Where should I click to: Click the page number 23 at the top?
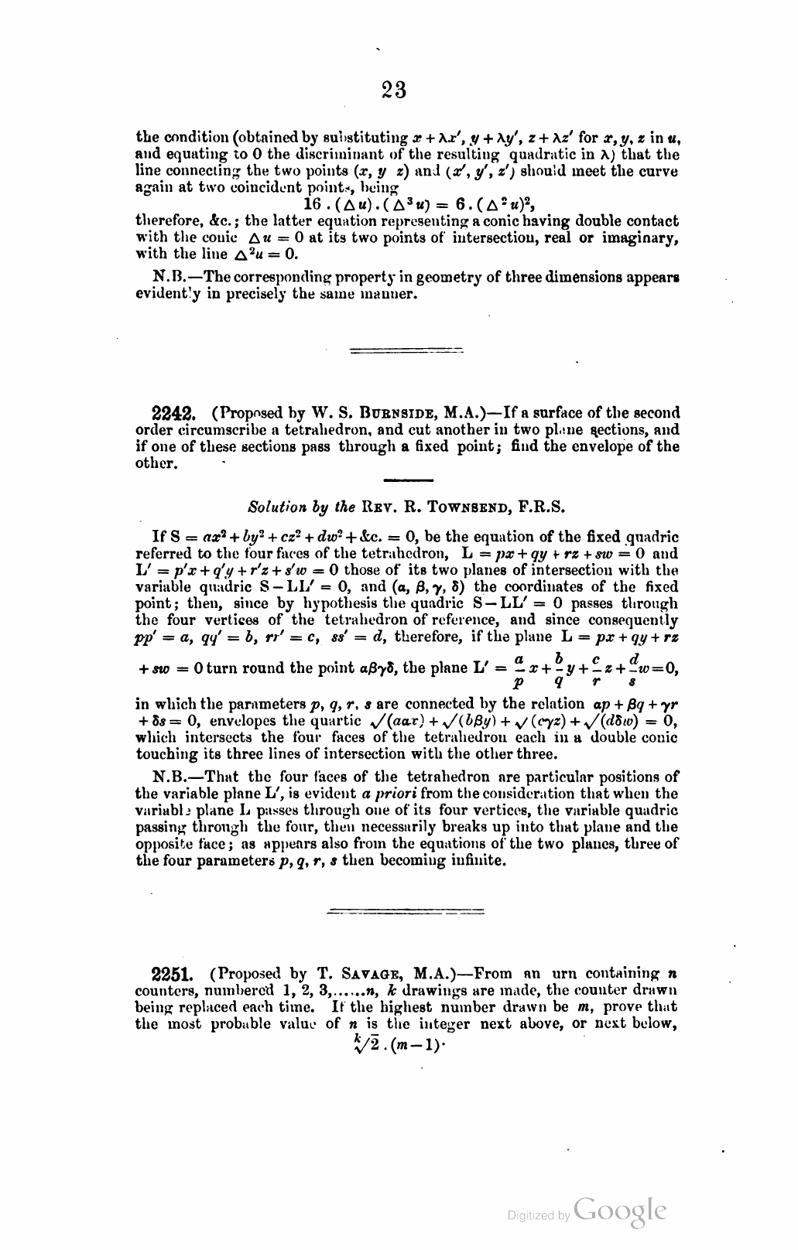394,91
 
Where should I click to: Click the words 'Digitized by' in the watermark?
538,1216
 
